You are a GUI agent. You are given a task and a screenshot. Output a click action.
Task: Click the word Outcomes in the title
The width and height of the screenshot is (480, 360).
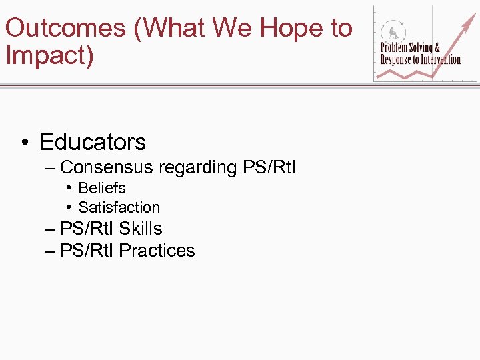[65, 28]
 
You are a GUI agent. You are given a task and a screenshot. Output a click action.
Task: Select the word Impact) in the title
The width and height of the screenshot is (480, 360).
[49, 55]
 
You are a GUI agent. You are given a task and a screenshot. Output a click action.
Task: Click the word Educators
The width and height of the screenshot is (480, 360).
[92, 142]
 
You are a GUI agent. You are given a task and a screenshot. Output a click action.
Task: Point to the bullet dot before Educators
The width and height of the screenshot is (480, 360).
[24, 143]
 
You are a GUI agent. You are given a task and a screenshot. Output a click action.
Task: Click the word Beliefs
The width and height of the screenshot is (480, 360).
[101, 188]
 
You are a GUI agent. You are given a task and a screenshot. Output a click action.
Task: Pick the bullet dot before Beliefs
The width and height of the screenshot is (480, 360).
[69, 189]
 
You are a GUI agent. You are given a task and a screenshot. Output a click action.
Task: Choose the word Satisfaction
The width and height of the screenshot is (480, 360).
[119, 207]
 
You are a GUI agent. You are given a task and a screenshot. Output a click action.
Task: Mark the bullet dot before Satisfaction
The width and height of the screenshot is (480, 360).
[69, 208]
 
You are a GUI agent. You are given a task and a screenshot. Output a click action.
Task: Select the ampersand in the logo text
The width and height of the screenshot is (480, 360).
[437, 48]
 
